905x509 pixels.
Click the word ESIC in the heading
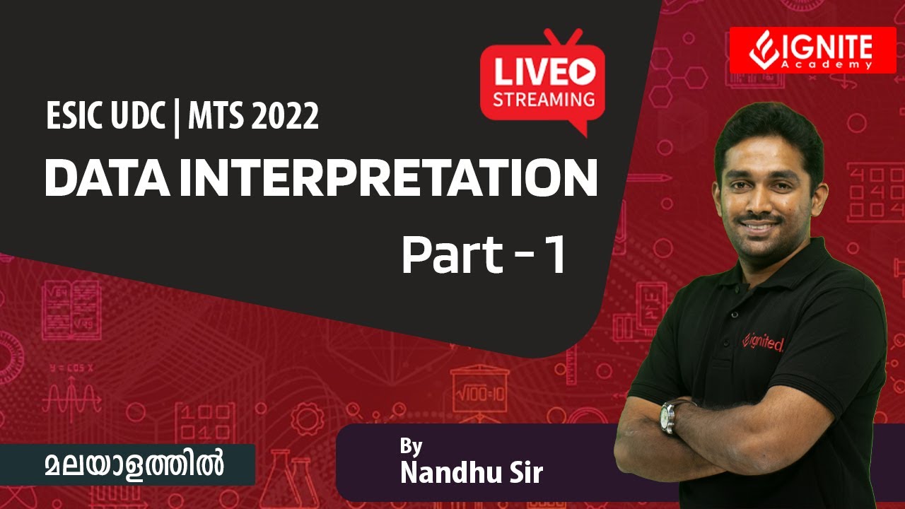[x=69, y=117]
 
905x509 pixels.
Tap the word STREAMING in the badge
[x=543, y=99]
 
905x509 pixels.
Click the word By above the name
[x=411, y=446]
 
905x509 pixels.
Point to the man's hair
[x=767, y=127]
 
